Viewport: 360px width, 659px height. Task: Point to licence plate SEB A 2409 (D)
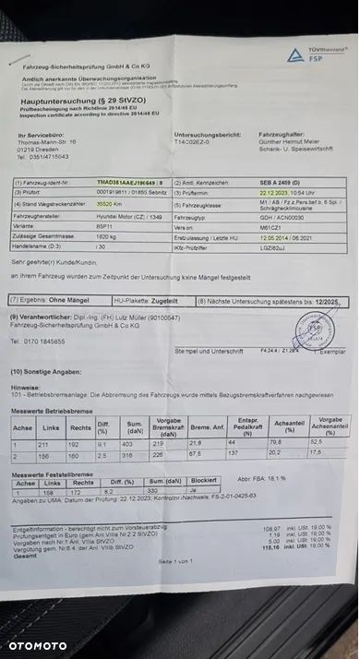point(257,184)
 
